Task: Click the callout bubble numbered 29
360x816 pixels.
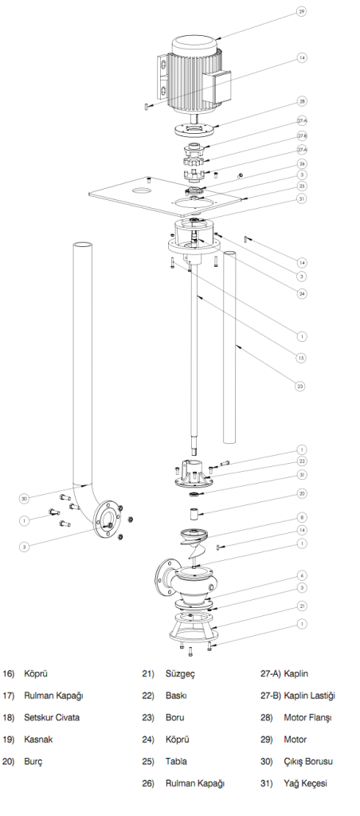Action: click(301, 12)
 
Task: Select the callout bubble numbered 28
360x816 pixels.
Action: click(302, 101)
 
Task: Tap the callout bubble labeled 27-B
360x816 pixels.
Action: click(302, 135)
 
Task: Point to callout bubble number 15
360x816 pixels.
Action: click(301, 358)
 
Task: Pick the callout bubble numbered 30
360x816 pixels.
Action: click(24, 498)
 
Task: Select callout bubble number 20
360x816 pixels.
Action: click(301, 493)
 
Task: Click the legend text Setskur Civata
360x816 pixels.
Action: click(52, 716)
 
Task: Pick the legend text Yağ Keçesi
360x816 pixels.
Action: click(306, 783)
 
